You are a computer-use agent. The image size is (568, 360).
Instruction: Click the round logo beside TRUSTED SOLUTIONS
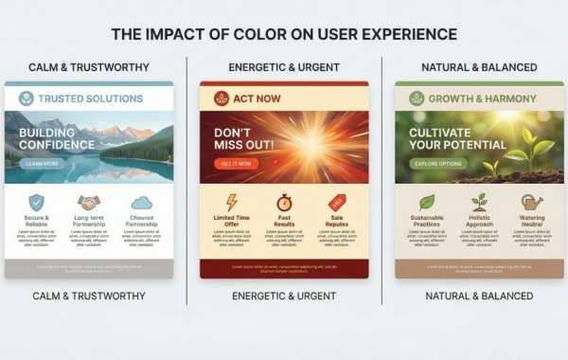pyautogui.click(x=27, y=99)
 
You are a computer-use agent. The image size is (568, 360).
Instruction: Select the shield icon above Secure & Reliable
pyautogui.click(x=36, y=202)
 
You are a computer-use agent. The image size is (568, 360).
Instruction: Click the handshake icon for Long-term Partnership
pyautogui.click(x=89, y=203)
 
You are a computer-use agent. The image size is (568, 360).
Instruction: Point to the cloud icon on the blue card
pyautogui.click(x=142, y=203)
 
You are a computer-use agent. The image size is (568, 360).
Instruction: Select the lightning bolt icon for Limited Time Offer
pyautogui.click(x=232, y=203)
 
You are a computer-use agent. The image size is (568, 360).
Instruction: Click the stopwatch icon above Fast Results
pyautogui.click(x=284, y=203)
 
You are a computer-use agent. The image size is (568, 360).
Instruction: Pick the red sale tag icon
pyautogui.click(x=337, y=203)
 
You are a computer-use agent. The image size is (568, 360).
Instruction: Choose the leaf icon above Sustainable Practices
pyautogui.click(x=426, y=203)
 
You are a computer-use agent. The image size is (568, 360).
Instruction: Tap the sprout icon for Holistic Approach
pyautogui.click(x=479, y=203)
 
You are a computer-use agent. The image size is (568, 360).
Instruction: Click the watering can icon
pyautogui.click(x=532, y=203)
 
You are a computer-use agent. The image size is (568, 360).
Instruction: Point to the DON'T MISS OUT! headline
pyautogui.click(x=243, y=138)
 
